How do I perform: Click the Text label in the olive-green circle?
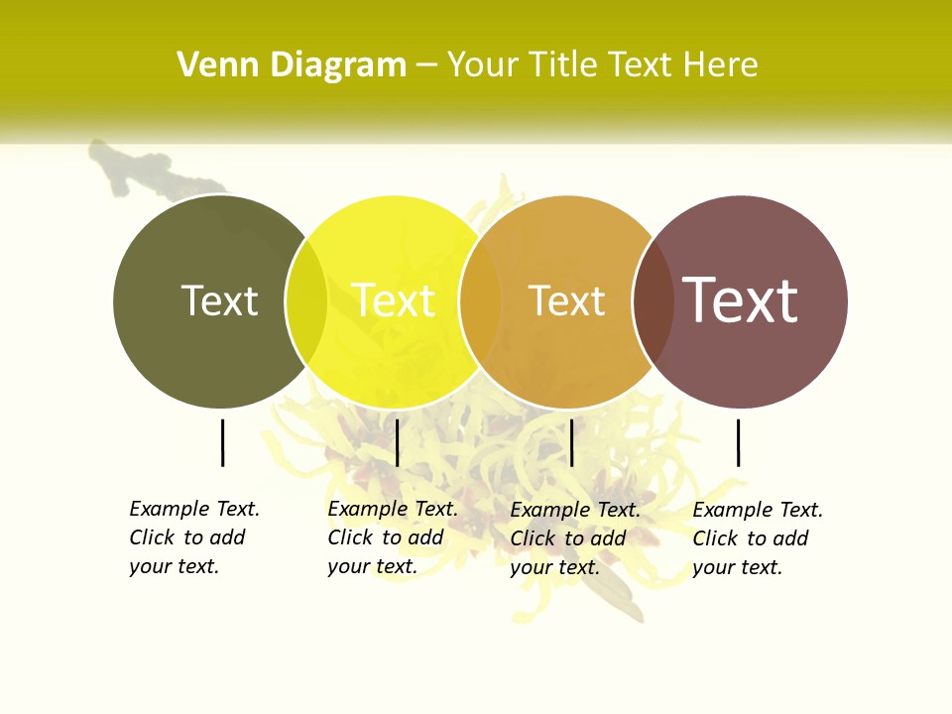point(219,300)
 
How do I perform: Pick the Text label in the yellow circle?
point(393,300)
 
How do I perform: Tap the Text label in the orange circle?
point(566,300)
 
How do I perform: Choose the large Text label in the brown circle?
point(740,300)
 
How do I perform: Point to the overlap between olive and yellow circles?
point(306,301)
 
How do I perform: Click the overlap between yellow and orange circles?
point(480,301)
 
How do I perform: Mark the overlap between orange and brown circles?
point(653,301)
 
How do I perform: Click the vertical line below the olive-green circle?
point(223,442)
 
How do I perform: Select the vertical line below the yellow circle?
point(397,442)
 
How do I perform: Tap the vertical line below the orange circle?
point(572,442)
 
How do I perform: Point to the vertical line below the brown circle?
point(739,442)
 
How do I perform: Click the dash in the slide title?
point(426,66)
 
